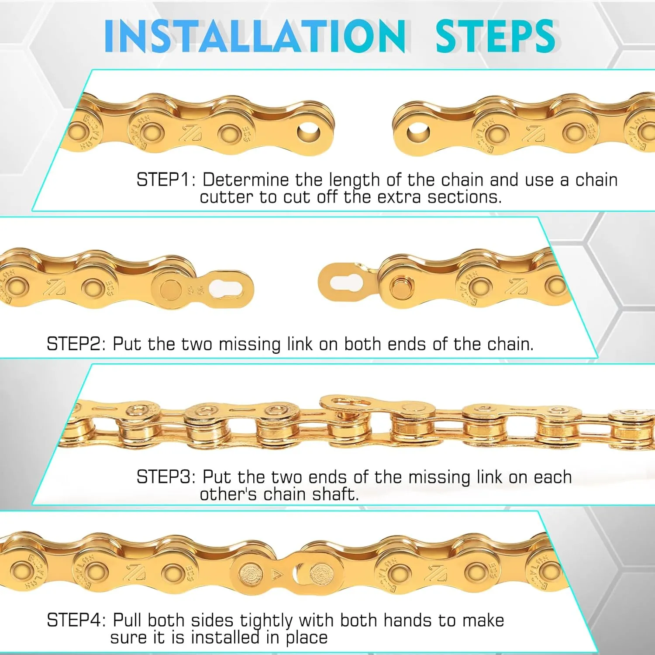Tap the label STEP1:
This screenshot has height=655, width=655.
(166, 180)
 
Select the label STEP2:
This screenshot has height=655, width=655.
(76, 344)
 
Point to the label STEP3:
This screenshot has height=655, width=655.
(166, 477)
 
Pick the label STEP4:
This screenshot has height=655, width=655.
(76, 621)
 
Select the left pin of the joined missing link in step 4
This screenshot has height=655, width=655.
(252, 572)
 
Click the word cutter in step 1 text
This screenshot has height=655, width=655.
(226, 197)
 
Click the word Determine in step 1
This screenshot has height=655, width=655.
(245, 180)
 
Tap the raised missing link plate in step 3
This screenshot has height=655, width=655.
(346, 402)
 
